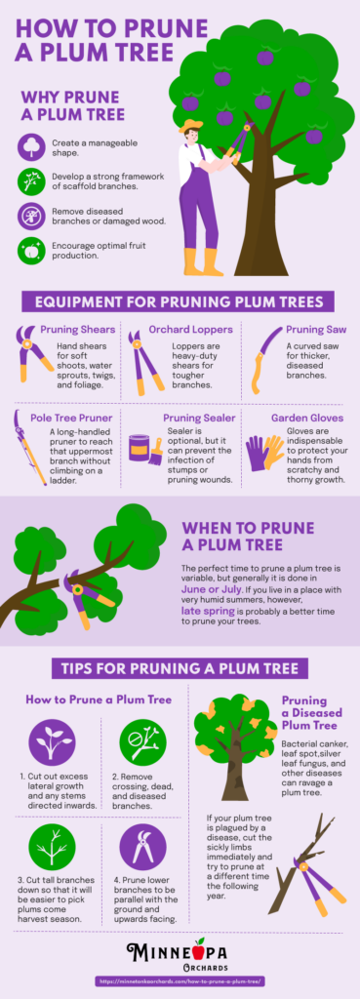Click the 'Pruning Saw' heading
(317, 330)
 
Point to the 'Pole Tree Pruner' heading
(71, 418)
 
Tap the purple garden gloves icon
(263, 453)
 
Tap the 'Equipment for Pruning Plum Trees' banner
(180, 300)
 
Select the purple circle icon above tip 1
(53, 742)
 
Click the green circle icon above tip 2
(144, 742)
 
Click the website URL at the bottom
(180, 980)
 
